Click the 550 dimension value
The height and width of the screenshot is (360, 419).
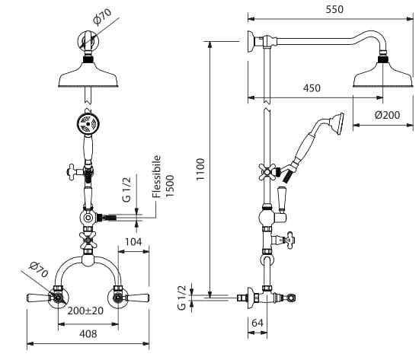click(x=334, y=9)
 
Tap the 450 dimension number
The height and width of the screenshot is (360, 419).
click(x=312, y=88)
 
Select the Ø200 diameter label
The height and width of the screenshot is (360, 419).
click(x=387, y=115)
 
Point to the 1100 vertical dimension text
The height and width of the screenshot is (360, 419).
click(x=200, y=169)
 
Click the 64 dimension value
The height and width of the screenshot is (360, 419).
click(x=257, y=323)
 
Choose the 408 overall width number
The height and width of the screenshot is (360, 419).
click(x=88, y=334)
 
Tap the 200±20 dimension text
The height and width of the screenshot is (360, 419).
click(x=85, y=311)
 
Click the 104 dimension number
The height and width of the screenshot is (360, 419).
click(x=133, y=242)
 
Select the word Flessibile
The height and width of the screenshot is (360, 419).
click(x=157, y=177)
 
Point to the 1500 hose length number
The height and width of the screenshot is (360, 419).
click(x=170, y=186)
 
